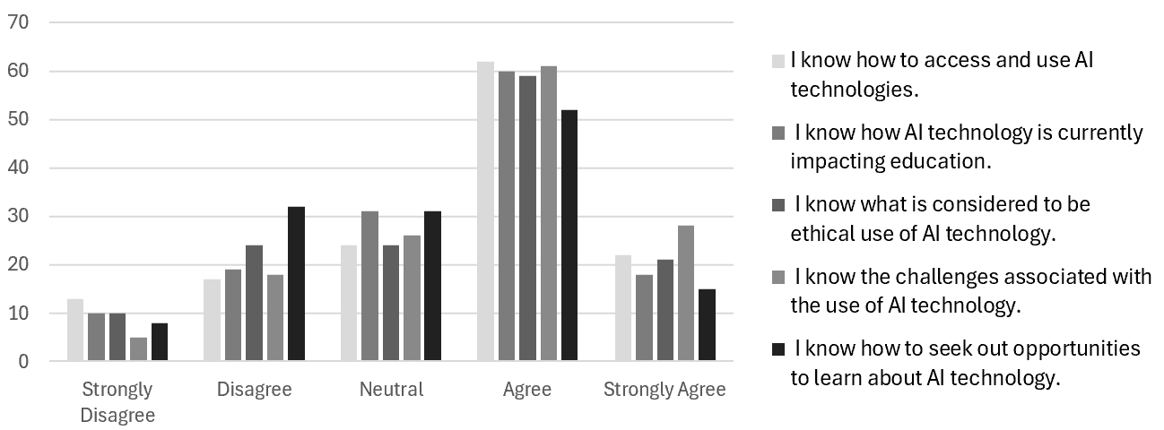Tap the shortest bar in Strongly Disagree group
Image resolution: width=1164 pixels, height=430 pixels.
[138, 349]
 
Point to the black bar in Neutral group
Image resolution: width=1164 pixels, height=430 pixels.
[432, 287]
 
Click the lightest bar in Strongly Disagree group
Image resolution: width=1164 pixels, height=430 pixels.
[75, 331]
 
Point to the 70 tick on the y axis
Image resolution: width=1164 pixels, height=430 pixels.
[18, 22]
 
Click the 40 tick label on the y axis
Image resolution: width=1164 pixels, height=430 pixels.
[18, 168]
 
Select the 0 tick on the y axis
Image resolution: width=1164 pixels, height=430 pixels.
[22, 362]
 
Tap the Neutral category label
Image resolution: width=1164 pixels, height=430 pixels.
[391, 390]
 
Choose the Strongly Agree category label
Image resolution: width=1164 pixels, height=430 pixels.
[665, 390]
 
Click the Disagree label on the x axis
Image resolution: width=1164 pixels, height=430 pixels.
[254, 390]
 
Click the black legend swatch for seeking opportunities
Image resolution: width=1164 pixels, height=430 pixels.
[778, 348]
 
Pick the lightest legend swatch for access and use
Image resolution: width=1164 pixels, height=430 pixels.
[778, 62]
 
